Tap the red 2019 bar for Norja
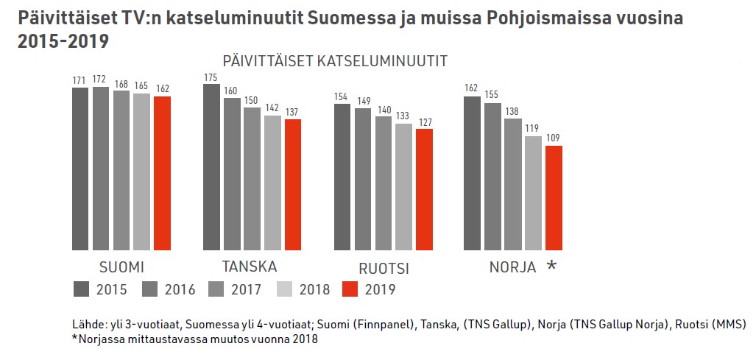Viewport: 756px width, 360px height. coord(554,198)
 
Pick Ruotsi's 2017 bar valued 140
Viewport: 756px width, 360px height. coord(384,183)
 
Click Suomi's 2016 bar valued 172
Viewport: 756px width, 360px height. coord(101,169)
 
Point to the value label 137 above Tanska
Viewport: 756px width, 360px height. coord(292,111)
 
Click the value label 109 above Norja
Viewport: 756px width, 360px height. coord(554,138)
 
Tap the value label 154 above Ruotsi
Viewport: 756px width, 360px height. coord(342,96)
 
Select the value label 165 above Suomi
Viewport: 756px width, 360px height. coord(141,86)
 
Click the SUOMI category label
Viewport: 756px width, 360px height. coord(121,266)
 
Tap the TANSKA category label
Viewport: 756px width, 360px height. coord(250,266)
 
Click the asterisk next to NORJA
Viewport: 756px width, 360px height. coord(551,267)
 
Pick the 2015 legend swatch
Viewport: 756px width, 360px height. coord(82,289)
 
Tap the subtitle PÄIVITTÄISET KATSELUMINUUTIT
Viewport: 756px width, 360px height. coord(335,62)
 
